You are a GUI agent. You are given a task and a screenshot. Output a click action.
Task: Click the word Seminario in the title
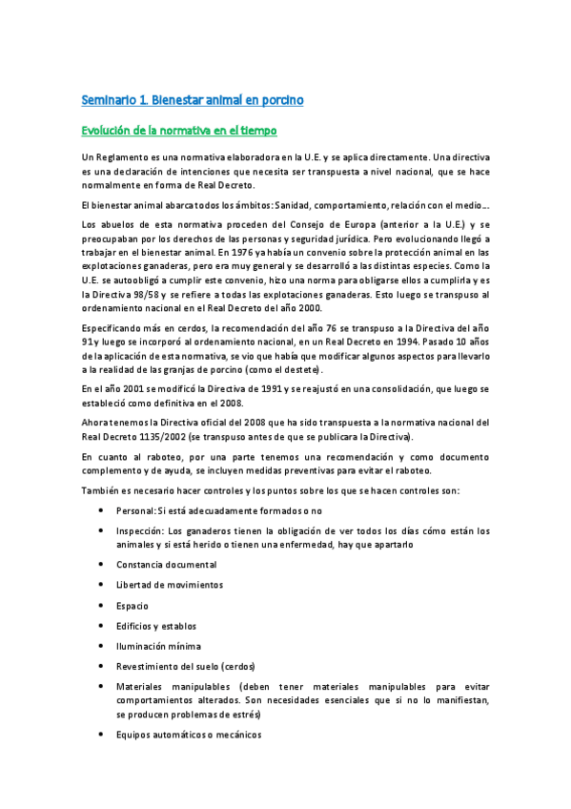108,99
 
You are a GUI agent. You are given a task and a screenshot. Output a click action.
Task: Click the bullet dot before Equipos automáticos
101,736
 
